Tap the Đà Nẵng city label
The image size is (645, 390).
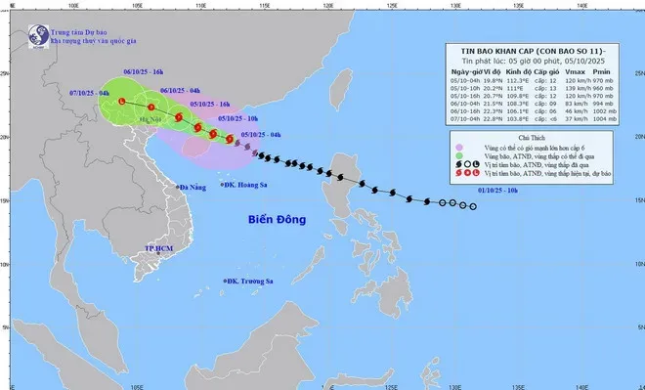(194, 187)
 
